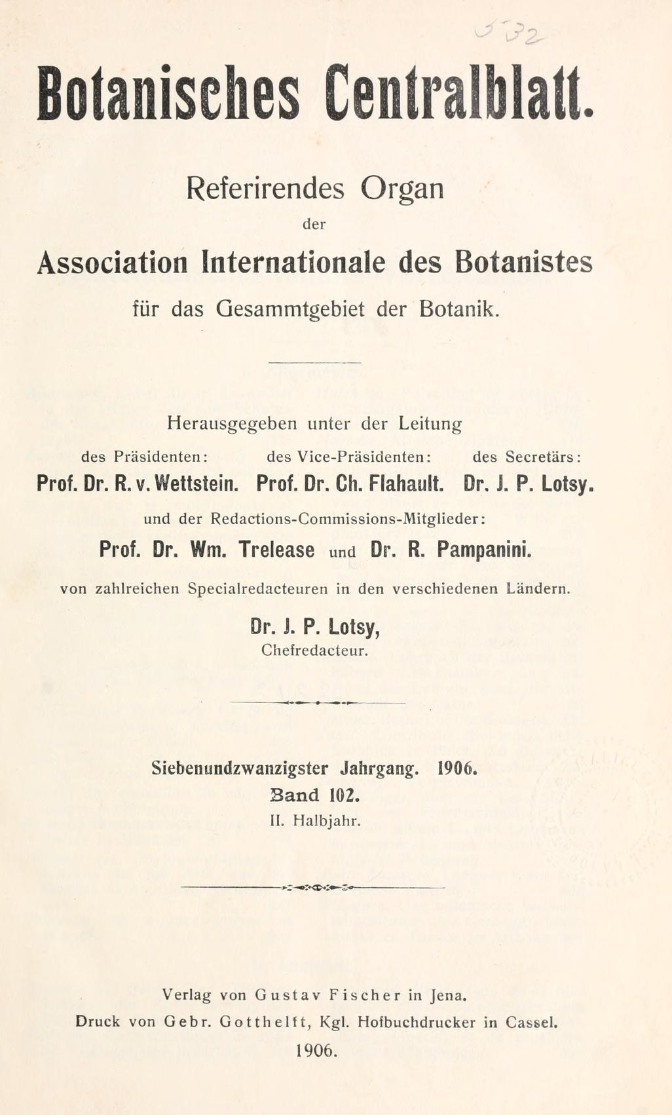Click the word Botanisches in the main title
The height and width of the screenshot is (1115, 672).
pyautogui.click(x=168, y=93)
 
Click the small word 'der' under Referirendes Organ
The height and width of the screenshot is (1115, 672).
pyautogui.click(x=314, y=224)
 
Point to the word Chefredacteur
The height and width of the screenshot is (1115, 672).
pyautogui.click(x=314, y=651)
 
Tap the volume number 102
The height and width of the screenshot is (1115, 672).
pyautogui.click(x=345, y=795)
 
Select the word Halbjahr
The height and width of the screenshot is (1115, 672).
pyautogui.click(x=327, y=820)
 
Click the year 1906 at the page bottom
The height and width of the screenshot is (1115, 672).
pyautogui.click(x=316, y=1050)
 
